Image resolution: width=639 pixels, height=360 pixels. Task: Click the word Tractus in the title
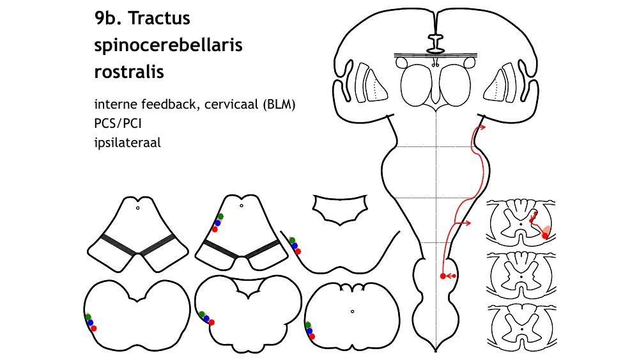159,19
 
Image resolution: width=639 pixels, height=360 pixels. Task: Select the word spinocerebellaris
168,45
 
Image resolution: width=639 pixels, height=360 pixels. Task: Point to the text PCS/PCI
118,123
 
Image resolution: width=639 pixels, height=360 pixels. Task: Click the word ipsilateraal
127,143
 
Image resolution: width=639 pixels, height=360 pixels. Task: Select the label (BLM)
279,104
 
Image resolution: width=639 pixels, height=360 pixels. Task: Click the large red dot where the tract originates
443,276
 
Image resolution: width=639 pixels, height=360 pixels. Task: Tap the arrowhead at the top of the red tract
482,127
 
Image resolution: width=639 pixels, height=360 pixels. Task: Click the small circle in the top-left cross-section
138,208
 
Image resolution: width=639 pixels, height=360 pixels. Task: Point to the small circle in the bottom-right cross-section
353,312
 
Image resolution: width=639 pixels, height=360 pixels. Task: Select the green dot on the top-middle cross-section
220,217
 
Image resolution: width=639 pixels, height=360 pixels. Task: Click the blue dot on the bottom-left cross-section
90,323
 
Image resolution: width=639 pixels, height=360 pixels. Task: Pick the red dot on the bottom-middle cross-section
212,322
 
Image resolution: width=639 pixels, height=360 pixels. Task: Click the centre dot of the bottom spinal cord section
522,329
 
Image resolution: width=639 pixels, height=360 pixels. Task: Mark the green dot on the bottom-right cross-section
308,325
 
